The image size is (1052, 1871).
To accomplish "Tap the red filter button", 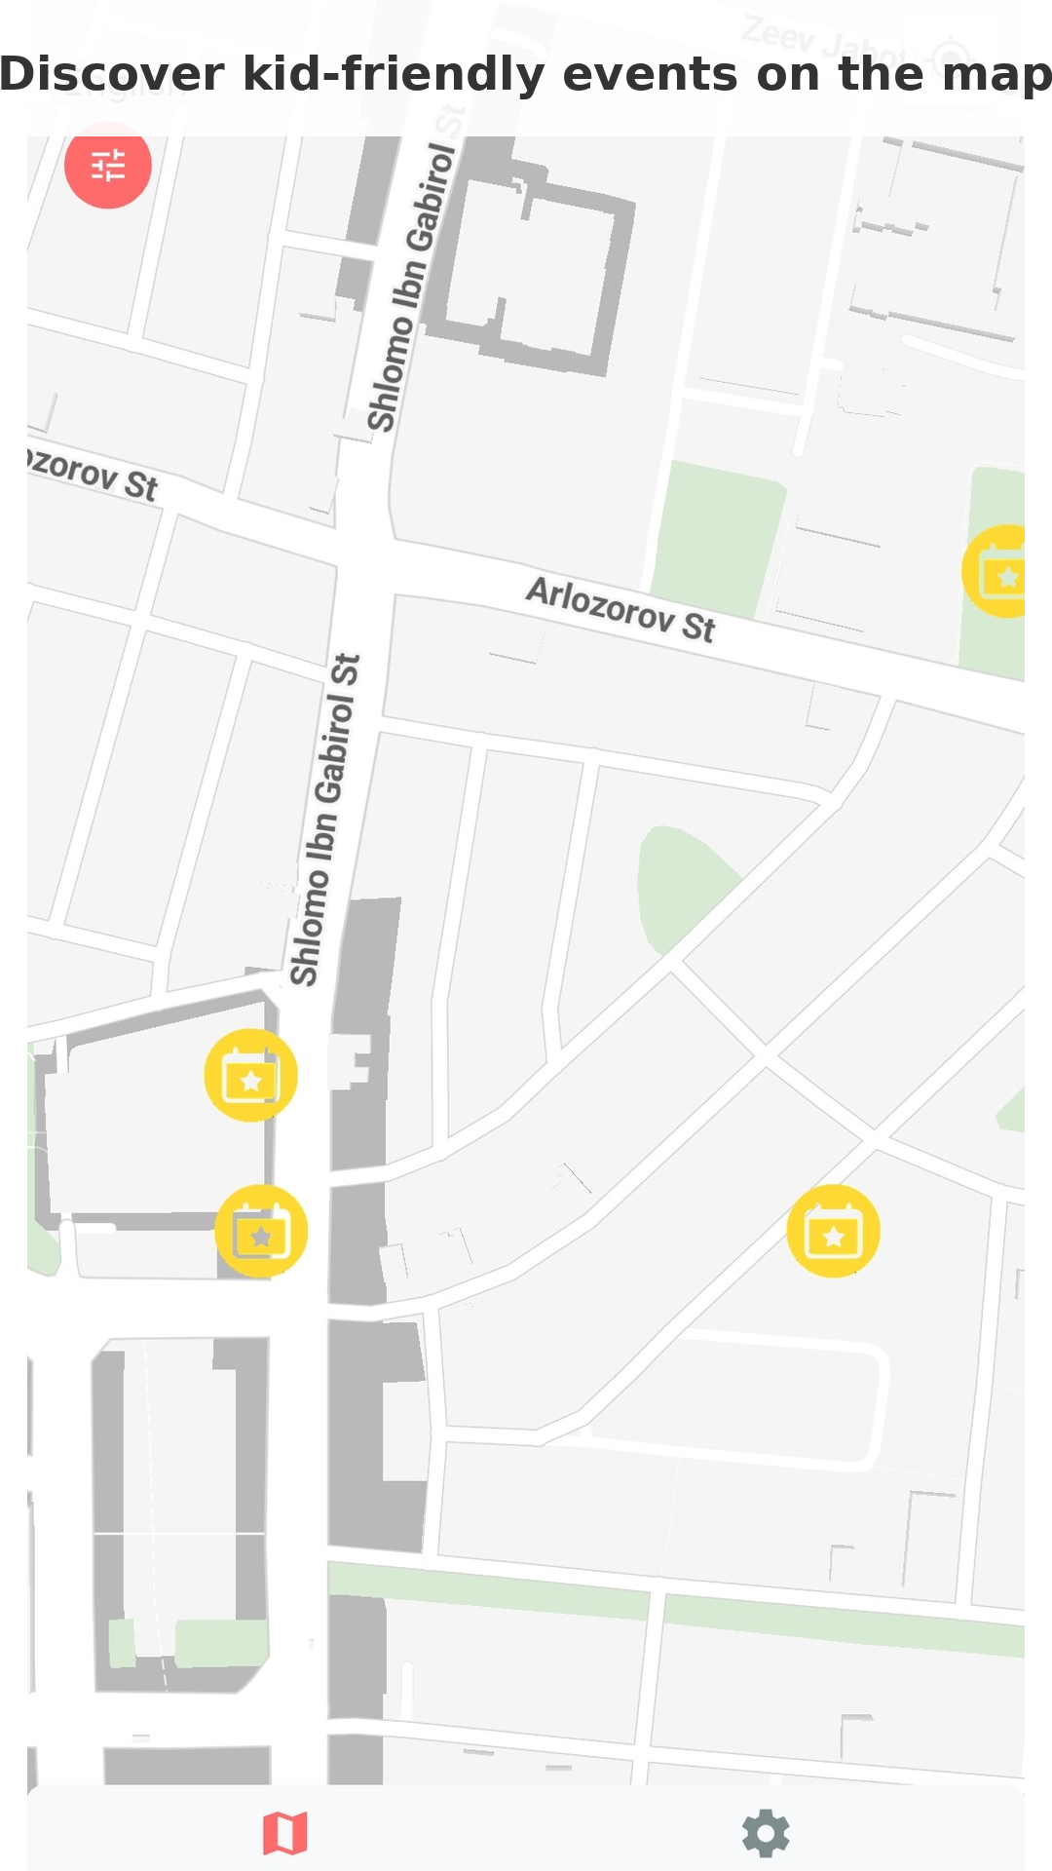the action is click(108, 166).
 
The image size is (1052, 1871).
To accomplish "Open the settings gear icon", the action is click(766, 1833).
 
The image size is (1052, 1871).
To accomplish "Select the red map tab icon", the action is click(285, 1833).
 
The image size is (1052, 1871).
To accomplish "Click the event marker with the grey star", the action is click(261, 1232).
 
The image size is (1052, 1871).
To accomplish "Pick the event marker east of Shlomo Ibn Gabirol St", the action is click(833, 1232).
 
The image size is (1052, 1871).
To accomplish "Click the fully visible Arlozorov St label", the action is click(621, 610).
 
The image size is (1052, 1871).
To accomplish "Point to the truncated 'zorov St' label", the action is click(92, 473).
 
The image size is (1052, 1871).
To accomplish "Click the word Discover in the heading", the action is click(111, 75).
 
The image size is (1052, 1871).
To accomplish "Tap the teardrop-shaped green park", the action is click(681, 883).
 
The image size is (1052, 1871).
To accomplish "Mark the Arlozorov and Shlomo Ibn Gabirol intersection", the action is click(364, 555).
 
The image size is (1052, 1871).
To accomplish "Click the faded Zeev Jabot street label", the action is click(823, 43).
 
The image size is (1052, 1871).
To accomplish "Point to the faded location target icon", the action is click(951, 57).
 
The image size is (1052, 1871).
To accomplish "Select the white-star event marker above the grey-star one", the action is click(250, 1075).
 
